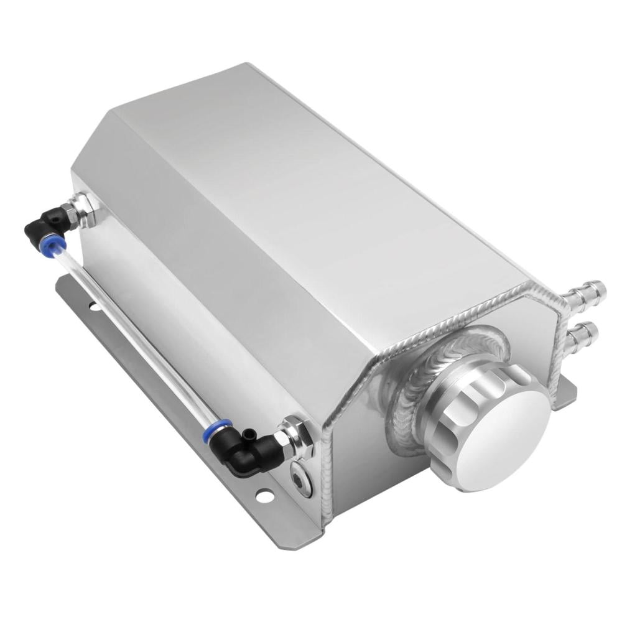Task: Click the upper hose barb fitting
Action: click(588, 293)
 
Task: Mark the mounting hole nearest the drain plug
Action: click(264, 496)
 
